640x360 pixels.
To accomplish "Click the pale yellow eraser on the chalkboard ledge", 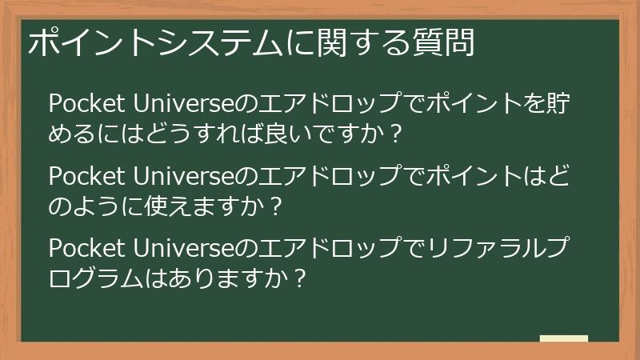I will coord(563,338).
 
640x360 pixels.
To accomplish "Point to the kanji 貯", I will coord(578,104).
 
